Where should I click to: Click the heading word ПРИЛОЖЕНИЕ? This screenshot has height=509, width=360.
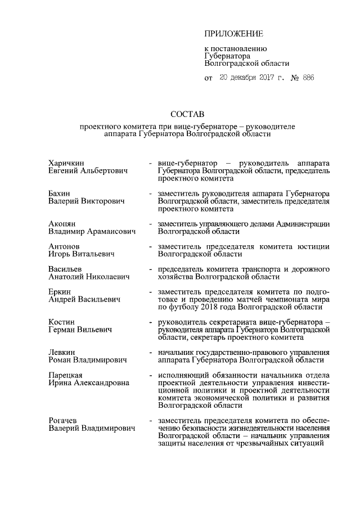click(233, 35)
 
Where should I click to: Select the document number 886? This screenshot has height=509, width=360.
click(308, 78)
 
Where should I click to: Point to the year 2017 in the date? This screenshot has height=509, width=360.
click(259, 78)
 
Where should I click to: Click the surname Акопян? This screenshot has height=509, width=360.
click(62, 224)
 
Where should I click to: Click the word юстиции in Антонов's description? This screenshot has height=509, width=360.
click(313, 246)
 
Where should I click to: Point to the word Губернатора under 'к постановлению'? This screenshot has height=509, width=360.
click(227, 56)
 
